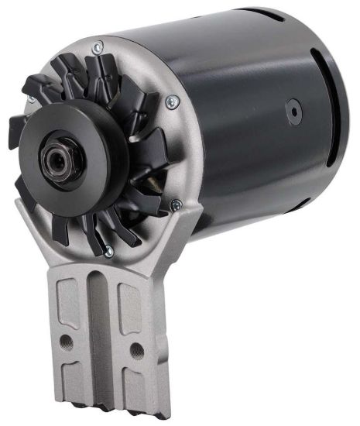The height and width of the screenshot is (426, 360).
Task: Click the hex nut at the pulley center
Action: (57, 158)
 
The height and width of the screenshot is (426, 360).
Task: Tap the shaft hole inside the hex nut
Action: (56, 158)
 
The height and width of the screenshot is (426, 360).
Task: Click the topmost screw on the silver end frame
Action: (97, 48)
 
